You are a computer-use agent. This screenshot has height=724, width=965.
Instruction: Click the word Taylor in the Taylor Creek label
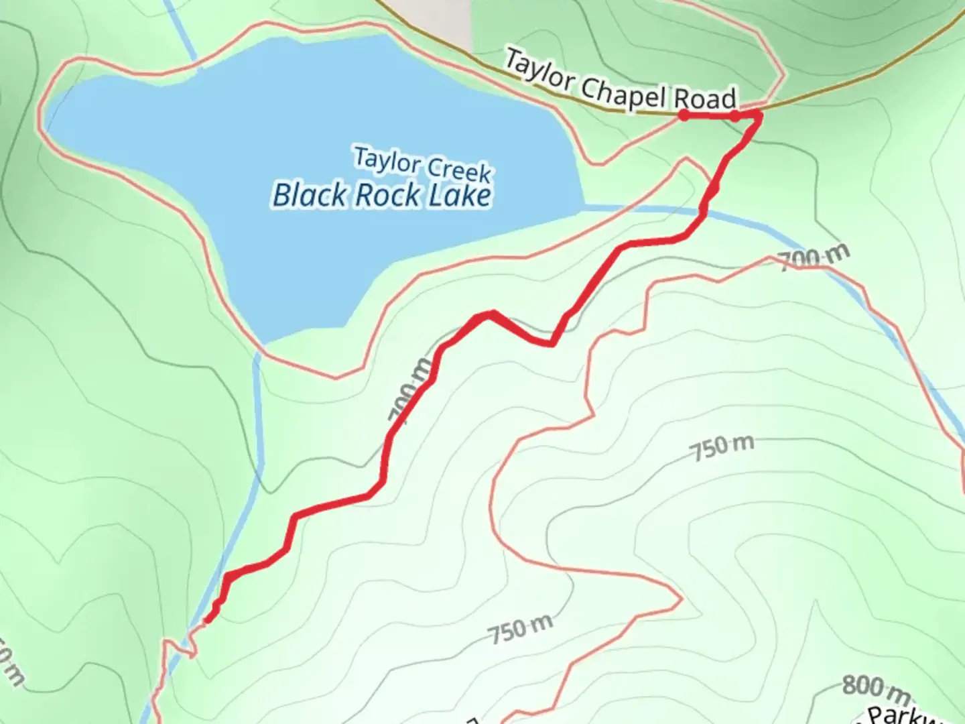tap(387, 161)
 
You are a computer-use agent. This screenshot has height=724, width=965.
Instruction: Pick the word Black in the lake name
tap(310, 195)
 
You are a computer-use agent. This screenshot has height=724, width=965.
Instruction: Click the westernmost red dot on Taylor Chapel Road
tap(684, 115)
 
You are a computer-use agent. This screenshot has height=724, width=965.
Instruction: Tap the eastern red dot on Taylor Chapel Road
tap(735, 117)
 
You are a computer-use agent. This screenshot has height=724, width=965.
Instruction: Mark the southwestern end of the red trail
tap(208, 619)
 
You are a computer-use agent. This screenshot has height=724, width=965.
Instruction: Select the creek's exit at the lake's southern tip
tap(258, 352)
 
